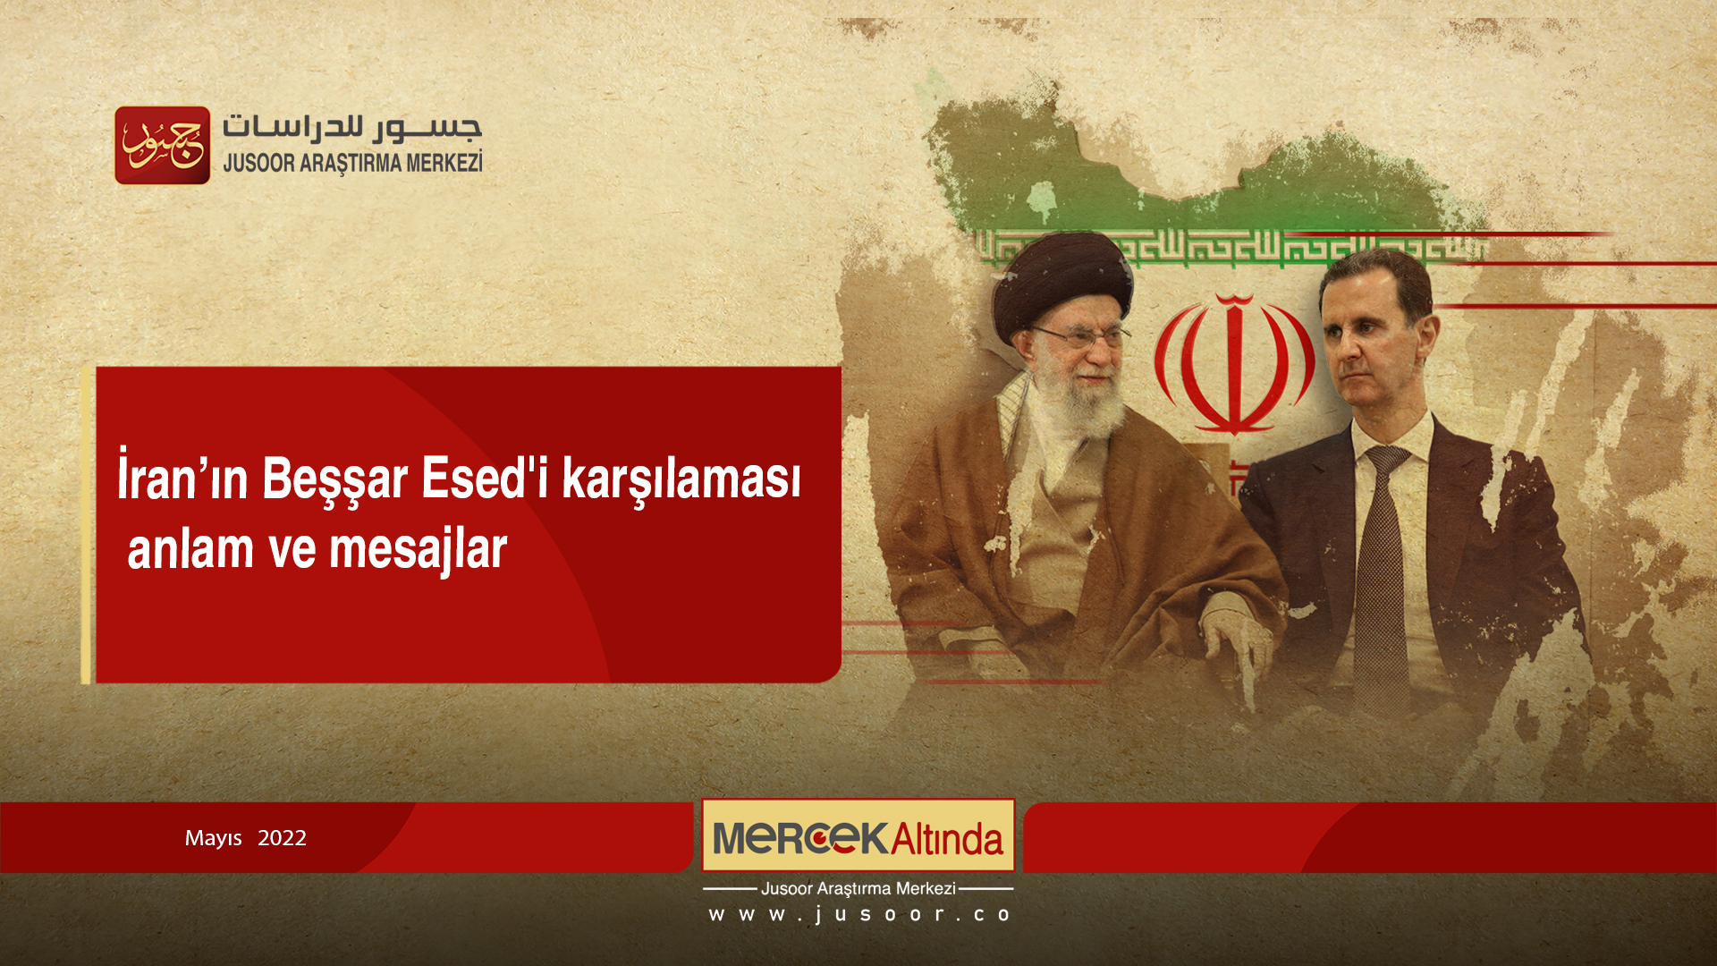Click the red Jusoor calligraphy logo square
pos(163,146)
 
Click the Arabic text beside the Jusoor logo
pos(351,128)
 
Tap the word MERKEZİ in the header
pos(444,164)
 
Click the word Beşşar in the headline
pos(335,479)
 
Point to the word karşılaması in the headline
pos(681,479)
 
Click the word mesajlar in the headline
pos(418,550)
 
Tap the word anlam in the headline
pos(190,550)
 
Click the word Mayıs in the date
pos(213,838)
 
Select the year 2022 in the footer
pos(282,838)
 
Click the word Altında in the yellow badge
pos(947,839)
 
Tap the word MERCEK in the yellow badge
pos(800,838)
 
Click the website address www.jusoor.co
pos(858,914)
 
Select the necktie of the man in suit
pos(1383,572)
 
